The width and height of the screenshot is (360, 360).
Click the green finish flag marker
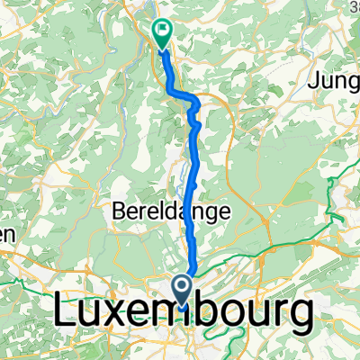[x=163, y=34]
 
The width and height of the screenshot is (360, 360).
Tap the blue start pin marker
[x=182, y=290]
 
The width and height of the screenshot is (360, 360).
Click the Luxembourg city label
[x=184, y=316]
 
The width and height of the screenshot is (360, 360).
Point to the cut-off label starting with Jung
[x=334, y=82]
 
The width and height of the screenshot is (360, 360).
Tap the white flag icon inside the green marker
[x=163, y=30]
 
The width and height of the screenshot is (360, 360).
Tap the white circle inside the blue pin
[x=182, y=288]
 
